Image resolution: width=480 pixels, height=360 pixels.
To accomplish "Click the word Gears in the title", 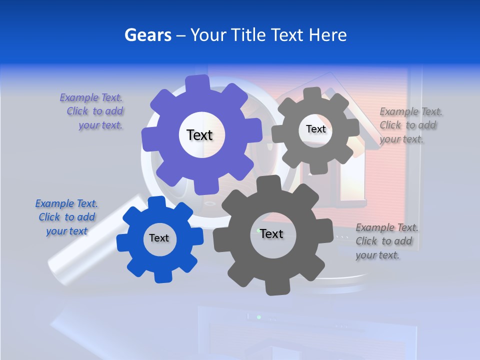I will click(x=147, y=35).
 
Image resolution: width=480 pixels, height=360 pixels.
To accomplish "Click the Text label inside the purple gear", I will click(x=199, y=135).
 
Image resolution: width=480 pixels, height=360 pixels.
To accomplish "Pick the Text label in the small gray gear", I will click(x=315, y=129).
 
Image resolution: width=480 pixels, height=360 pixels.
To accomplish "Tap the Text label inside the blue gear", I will click(x=159, y=238).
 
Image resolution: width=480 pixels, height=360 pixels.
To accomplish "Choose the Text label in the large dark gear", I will click(x=271, y=233).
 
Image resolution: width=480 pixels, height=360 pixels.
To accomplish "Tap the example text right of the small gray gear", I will click(x=409, y=125).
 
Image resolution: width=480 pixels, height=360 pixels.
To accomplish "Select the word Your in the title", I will click(x=209, y=35).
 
